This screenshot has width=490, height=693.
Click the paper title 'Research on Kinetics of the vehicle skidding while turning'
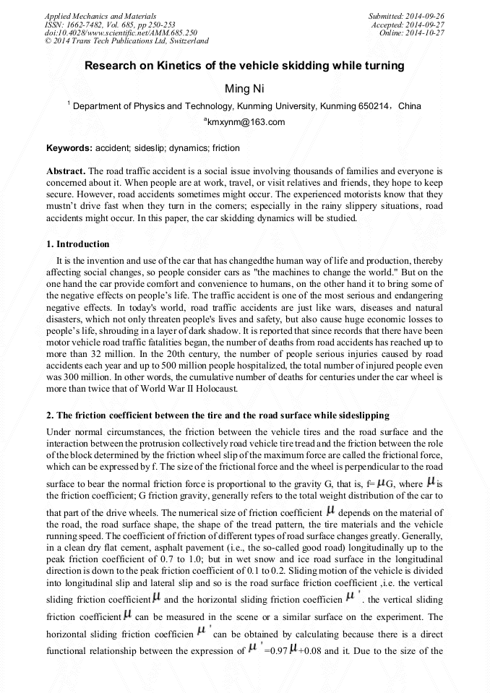point(244,66)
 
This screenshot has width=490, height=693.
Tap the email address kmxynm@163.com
point(245,122)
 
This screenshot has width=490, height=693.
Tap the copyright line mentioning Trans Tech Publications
point(126,41)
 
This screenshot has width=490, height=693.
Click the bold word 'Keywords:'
point(69,148)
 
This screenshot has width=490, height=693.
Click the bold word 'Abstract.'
point(66,171)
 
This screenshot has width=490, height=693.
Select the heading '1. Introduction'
point(78,244)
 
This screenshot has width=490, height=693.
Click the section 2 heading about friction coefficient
point(218,416)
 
